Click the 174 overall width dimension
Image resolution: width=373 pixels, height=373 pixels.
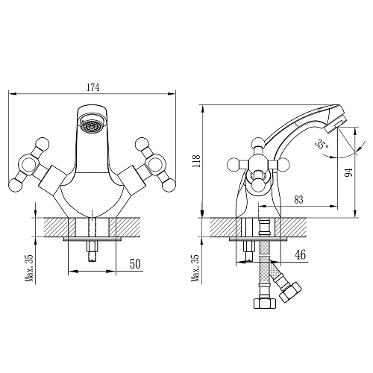pyautogui.click(x=93, y=87)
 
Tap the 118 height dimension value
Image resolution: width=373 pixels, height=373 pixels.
pyautogui.click(x=196, y=161)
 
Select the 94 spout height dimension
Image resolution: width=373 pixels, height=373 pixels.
pyautogui.click(x=348, y=172)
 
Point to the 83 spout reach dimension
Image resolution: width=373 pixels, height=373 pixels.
pyautogui.click(x=298, y=200)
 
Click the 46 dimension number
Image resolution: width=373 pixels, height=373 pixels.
pyautogui.click(x=301, y=255)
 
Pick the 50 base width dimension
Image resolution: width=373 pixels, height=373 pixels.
pyautogui.click(x=135, y=264)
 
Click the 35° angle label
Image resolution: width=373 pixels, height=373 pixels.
pyautogui.click(x=322, y=144)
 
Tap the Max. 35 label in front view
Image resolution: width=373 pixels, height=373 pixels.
pyautogui.click(x=30, y=268)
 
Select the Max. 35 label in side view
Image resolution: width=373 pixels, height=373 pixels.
pyautogui.click(x=195, y=268)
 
